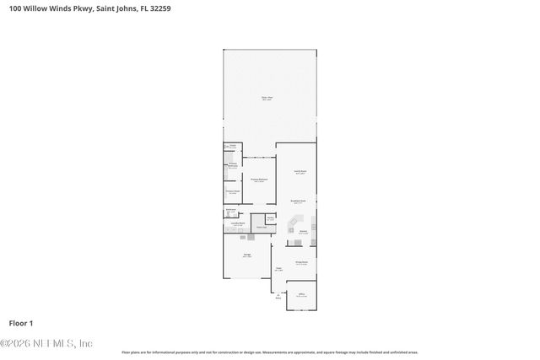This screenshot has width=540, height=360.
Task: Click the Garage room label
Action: pyautogui.click(x=247, y=254)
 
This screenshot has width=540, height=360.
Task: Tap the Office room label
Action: pyautogui.click(x=300, y=294)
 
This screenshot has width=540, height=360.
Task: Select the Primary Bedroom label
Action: pyautogui.click(x=258, y=179)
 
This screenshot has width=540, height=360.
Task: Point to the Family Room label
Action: pyautogui.click(x=300, y=172)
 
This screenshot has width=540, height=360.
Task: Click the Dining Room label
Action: pyautogui.click(x=300, y=262)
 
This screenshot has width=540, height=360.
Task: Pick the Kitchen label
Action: pyautogui.click(x=303, y=231)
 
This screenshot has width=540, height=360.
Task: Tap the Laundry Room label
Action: pyautogui.click(x=238, y=223)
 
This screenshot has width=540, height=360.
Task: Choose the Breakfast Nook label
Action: pyautogui.click(x=298, y=201)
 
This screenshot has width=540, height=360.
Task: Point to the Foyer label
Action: pyautogui.click(x=278, y=270)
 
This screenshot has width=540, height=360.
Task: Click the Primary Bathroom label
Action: pyautogui.click(x=232, y=165)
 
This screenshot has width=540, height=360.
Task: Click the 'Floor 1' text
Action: pyautogui.click(x=21, y=323)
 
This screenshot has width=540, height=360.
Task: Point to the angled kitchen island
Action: pyautogui.click(x=300, y=225)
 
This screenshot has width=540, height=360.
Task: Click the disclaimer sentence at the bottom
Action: pyautogui.click(x=269, y=352)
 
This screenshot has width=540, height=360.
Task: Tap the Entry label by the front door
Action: pyautogui.click(x=278, y=297)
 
